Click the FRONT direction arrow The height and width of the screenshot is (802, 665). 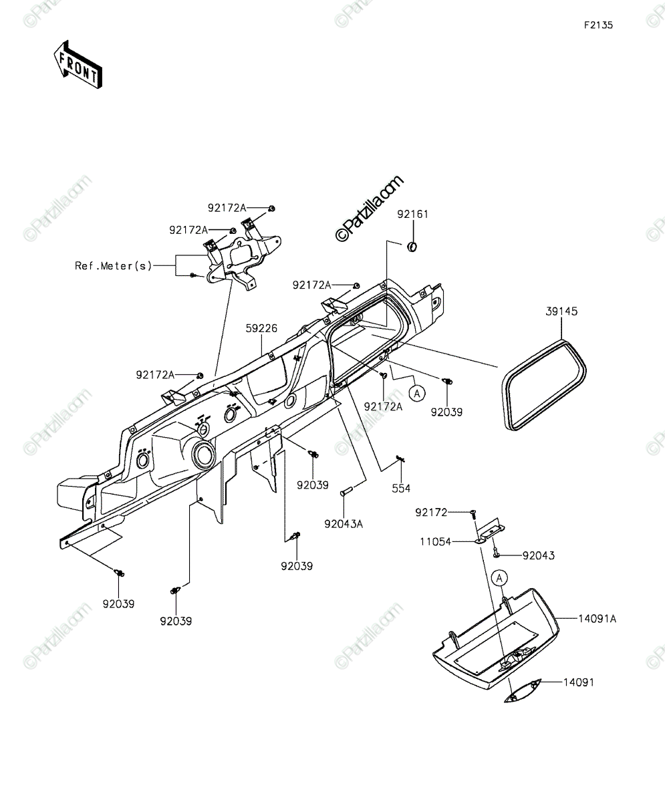click(x=78, y=65)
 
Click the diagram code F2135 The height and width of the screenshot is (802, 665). click(x=598, y=25)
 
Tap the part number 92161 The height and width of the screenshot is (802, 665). click(x=412, y=215)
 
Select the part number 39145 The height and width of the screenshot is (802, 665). click(x=561, y=311)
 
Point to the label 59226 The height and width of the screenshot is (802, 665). click(x=261, y=328)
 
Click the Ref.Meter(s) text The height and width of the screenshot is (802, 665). click(x=114, y=266)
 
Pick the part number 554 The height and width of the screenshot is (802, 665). click(x=401, y=489)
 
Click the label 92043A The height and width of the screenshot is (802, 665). click(x=344, y=524)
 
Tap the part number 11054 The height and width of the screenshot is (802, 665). click(x=435, y=542)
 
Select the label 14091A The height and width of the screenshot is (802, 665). click(x=597, y=619)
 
